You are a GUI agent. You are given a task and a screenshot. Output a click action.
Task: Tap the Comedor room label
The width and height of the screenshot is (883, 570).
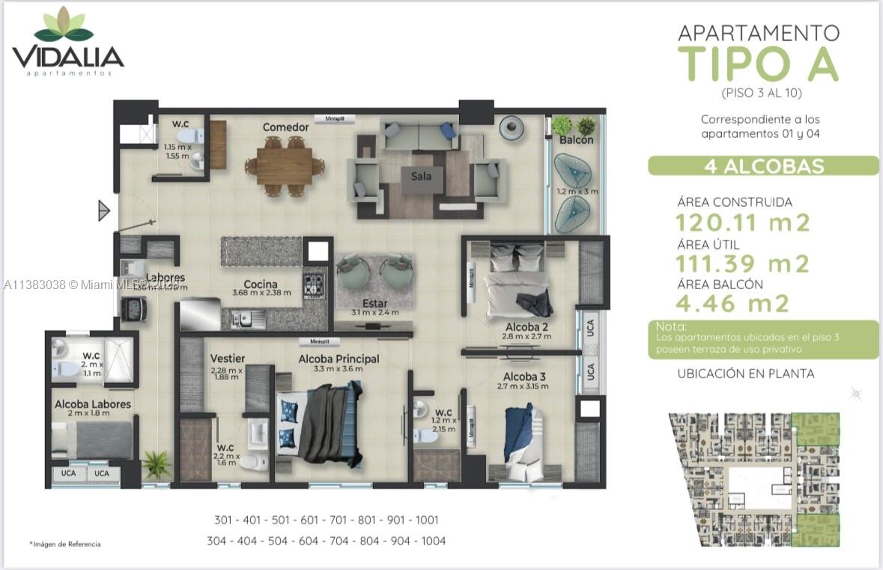pos(285,127)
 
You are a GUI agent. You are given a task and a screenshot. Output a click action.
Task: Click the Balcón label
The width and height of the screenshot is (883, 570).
pos(576,140)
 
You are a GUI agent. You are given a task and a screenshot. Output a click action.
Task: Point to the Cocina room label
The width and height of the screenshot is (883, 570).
pos(261,285)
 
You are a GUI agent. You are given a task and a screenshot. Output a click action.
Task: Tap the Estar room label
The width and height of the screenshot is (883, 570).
pos(374,303)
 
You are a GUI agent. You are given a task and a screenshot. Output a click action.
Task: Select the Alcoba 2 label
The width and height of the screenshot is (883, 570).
pos(527,327)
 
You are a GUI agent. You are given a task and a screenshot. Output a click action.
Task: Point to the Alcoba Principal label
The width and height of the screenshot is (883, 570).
pos(339,359)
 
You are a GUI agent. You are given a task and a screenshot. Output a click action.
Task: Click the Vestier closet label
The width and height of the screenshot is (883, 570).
pos(228,359)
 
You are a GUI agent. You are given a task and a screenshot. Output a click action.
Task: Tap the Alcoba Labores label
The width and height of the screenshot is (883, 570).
pos(92,404)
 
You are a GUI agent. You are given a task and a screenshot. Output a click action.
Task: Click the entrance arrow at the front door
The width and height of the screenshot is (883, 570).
pos(104,210)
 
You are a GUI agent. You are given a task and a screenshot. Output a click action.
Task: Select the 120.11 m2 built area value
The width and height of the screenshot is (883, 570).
pos(743,222)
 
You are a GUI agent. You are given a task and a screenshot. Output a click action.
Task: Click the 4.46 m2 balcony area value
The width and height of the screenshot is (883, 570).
pos(732,303)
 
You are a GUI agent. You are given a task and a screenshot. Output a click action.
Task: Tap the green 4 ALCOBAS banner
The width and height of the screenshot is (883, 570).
pos(762,166)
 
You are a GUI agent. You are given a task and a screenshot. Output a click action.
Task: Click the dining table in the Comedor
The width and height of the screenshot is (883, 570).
pos(285,166)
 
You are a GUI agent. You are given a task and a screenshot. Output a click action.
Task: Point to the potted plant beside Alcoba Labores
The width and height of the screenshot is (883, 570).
pos(157,464)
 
